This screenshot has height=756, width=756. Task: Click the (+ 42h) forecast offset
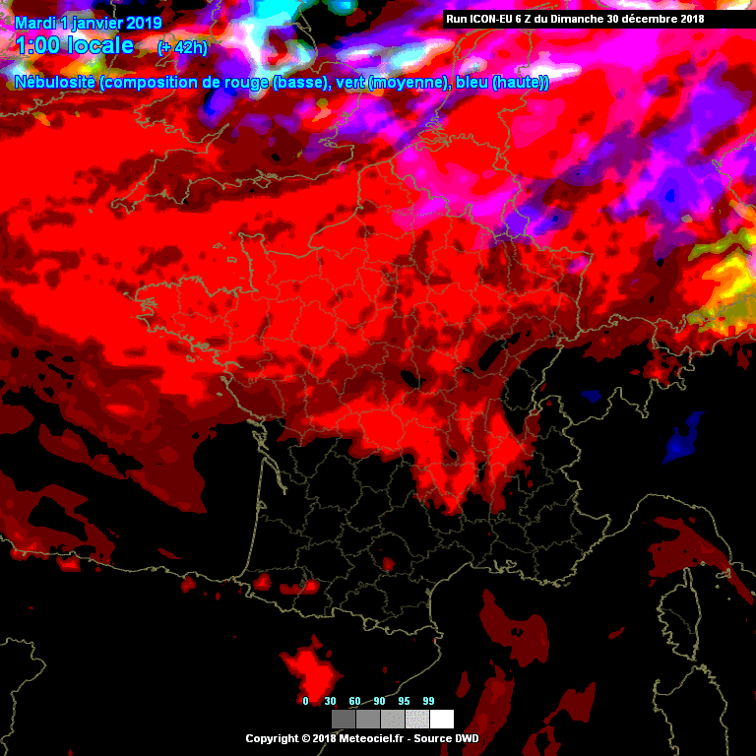tap(181, 47)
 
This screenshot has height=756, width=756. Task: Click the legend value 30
tap(331, 701)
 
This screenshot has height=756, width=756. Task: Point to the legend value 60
tap(355, 701)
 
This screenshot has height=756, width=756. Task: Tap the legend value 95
tap(404, 701)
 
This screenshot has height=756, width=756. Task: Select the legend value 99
tap(428, 701)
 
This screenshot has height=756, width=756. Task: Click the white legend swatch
tap(442, 719)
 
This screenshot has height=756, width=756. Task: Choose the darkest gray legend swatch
tap(344, 719)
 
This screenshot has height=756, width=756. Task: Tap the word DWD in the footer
tap(467, 738)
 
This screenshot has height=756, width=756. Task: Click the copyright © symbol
tap(303, 738)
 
